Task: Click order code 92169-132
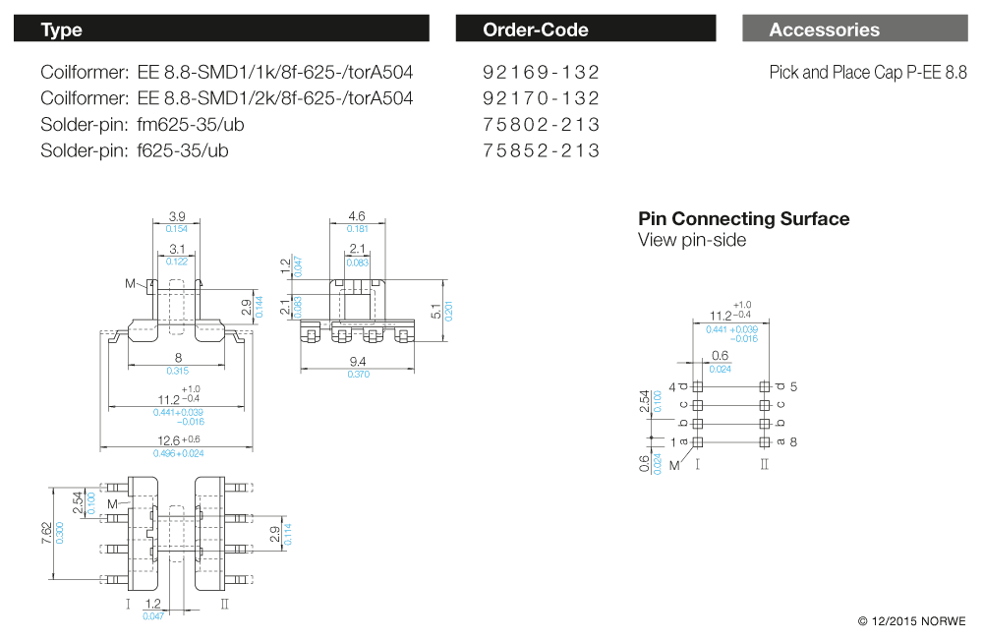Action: pos(541,73)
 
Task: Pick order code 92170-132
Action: pos(541,98)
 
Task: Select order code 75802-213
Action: pos(541,125)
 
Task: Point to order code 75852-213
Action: pos(541,150)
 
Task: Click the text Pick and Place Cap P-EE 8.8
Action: pos(867,73)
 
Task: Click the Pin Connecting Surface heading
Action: pos(743,219)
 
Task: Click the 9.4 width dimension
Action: pos(358,362)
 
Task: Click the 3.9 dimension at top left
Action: pos(177,216)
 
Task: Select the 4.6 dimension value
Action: pos(357,216)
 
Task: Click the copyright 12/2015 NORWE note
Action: pos(911,621)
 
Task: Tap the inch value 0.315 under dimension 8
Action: pos(178,371)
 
